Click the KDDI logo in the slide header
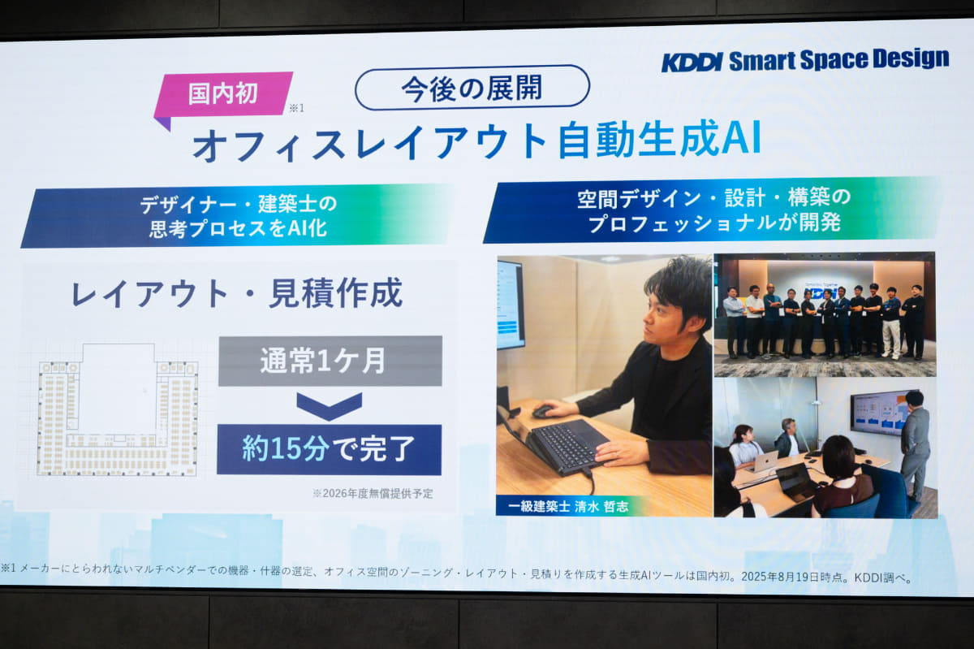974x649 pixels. [692, 63]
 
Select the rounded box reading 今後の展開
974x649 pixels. [472, 88]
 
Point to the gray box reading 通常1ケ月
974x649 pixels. [330, 361]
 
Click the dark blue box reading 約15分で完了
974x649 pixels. [330, 450]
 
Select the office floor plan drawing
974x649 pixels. [118, 410]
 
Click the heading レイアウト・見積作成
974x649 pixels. [237, 294]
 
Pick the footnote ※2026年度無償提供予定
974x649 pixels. [373, 493]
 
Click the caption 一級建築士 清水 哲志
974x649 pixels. [568, 506]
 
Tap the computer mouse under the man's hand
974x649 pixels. [544, 411]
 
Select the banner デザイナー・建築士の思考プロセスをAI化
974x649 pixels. [238, 216]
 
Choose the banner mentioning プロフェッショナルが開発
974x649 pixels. [714, 210]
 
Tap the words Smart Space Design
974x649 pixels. [838, 59]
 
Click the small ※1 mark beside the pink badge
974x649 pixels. [297, 108]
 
